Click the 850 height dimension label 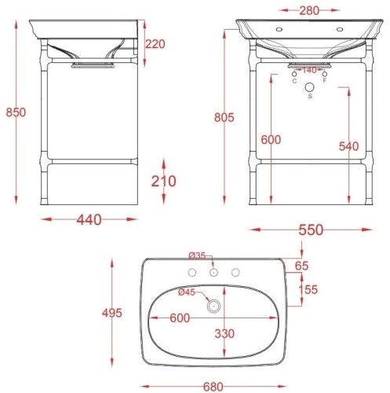16,112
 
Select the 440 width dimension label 89,220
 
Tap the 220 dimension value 155,44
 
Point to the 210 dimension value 164,181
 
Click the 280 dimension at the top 309,11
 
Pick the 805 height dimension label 224,117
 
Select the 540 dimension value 349,146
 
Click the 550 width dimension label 311,230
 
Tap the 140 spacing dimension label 309,70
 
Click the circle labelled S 310,87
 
